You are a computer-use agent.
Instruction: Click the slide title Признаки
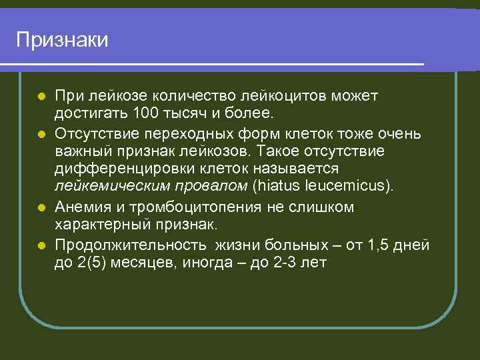(62, 40)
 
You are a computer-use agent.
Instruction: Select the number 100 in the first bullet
(145, 115)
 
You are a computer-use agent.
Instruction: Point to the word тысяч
(184, 115)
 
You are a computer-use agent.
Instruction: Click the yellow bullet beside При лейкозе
(41, 97)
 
